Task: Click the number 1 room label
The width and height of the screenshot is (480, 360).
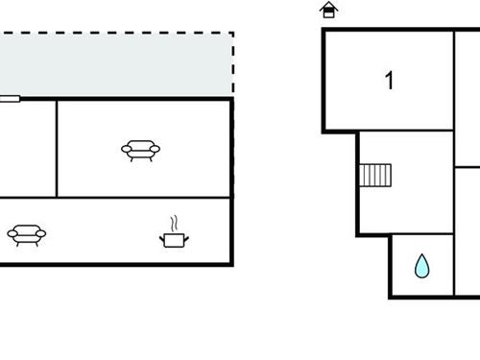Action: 389,81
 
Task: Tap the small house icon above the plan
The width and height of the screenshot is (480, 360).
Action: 329,11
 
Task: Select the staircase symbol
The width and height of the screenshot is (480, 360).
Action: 375,175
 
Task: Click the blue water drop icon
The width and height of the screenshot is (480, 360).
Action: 421,266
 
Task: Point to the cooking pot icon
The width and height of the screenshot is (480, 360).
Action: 173,238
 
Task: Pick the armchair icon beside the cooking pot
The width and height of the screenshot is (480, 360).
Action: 26,233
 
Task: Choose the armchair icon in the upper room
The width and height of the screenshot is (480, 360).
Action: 140,150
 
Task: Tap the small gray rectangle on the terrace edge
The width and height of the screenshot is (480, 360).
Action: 9,97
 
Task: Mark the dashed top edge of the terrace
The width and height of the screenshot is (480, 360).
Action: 115,34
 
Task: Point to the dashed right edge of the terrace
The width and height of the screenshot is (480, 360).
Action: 233,63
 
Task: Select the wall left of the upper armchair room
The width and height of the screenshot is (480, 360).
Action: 57,148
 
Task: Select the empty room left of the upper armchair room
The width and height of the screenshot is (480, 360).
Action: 27,148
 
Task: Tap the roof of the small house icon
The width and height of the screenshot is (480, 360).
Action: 329,6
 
